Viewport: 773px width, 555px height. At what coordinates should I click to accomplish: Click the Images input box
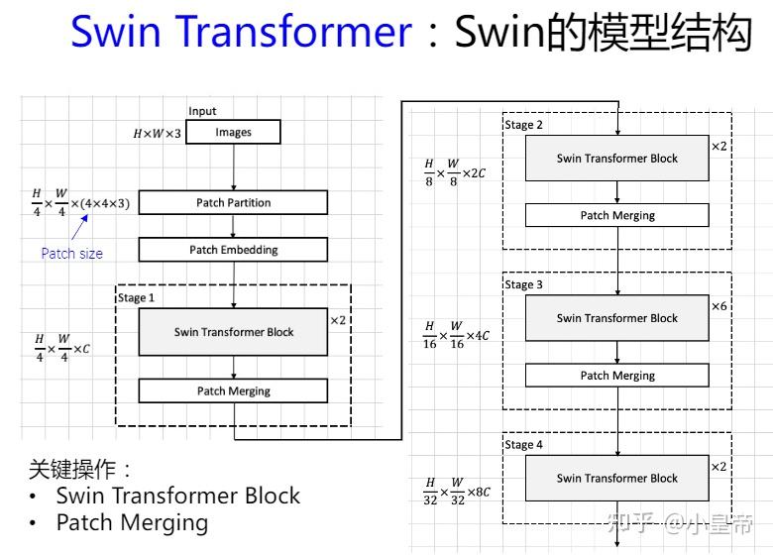[x=233, y=132]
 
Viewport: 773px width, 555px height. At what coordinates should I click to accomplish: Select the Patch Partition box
[x=233, y=202]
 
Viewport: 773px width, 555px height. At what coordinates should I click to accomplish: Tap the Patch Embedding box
[x=233, y=250]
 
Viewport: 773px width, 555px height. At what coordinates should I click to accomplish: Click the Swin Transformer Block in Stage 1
[x=233, y=332]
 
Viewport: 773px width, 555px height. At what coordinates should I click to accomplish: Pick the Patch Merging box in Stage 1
[x=233, y=390]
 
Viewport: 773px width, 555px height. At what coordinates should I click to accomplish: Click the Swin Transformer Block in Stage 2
[x=616, y=158]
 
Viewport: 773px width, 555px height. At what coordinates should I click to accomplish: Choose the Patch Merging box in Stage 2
[x=616, y=215]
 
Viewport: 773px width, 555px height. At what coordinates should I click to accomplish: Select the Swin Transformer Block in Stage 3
[x=616, y=318]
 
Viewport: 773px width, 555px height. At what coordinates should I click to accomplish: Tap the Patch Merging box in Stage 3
[x=616, y=376]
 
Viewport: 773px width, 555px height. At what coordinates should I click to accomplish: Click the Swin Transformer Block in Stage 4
[x=616, y=478]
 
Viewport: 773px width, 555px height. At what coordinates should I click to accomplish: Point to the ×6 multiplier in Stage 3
[x=719, y=306]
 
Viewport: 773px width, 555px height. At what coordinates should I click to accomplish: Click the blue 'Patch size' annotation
[x=71, y=254]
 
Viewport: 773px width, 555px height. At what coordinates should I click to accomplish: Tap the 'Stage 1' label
[x=137, y=297]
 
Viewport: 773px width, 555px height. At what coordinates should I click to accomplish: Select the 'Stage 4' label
[x=524, y=445]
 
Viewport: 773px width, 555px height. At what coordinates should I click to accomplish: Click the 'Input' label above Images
[x=202, y=111]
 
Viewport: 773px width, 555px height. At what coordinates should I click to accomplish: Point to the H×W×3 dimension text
[x=157, y=133]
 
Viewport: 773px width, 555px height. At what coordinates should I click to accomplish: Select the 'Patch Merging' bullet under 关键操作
[x=131, y=522]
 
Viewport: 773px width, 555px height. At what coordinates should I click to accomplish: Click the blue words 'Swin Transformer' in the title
[x=241, y=33]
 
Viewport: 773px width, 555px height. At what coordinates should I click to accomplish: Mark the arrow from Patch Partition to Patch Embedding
[x=233, y=226]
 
